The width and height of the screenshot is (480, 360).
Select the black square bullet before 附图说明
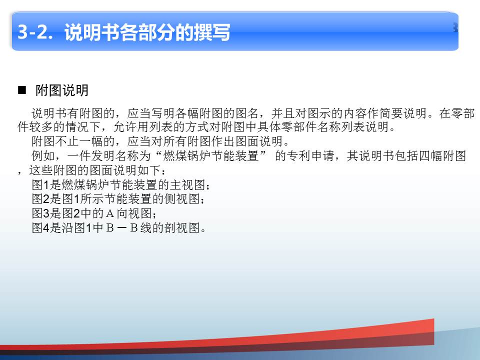(22, 90)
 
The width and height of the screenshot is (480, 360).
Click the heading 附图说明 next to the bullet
(62, 90)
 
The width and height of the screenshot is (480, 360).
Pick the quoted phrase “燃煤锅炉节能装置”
(211, 156)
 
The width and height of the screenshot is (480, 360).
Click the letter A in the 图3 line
(110, 213)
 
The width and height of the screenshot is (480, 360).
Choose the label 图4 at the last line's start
(40, 228)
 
